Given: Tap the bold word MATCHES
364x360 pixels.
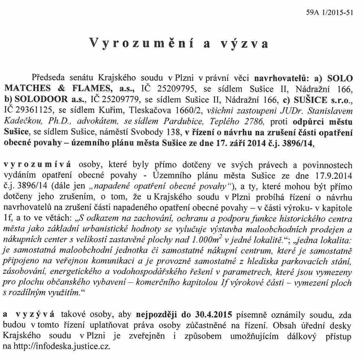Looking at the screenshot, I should click(28, 89).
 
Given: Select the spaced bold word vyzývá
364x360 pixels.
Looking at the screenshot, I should click(35, 315).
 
